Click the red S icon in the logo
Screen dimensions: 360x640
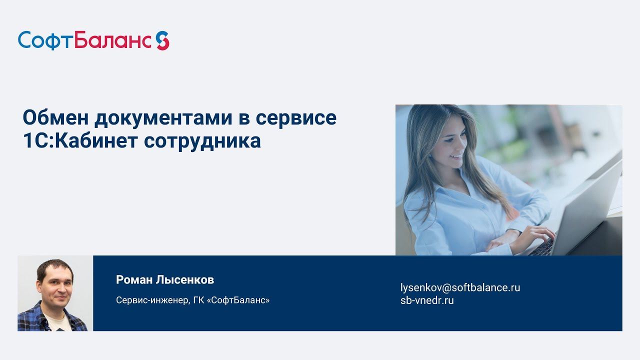(x=162, y=40)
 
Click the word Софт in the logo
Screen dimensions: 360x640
(x=45, y=40)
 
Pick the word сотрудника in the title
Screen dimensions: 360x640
(x=202, y=141)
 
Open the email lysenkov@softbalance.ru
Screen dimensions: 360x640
(x=460, y=287)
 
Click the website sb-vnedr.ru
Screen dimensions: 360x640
(x=427, y=300)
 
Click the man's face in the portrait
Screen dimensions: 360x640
(x=55, y=285)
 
